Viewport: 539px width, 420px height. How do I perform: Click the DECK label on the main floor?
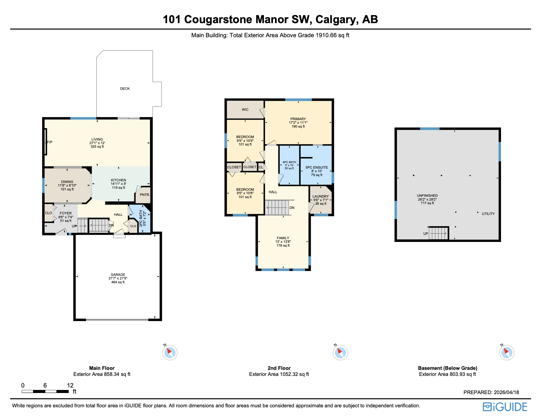click(x=125, y=89)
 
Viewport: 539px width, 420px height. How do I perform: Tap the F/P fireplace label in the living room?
click(x=50, y=142)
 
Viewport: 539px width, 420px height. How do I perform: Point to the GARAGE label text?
click(x=118, y=275)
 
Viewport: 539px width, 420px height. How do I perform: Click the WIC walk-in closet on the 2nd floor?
click(x=245, y=110)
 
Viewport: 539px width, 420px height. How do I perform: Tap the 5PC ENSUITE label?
click(x=317, y=168)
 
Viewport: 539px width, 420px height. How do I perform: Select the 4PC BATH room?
click(x=289, y=165)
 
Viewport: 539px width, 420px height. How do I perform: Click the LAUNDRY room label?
click(x=320, y=196)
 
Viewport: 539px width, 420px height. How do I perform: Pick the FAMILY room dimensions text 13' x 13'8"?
click(x=283, y=242)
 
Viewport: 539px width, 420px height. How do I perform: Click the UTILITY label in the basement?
click(x=488, y=214)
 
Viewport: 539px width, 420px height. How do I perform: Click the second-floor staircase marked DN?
click(x=277, y=208)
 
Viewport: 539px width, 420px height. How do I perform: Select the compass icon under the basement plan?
click(x=507, y=353)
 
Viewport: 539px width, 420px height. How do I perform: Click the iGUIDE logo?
click(x=505, y=407)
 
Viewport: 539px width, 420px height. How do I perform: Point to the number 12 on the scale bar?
click(x=70, y=386)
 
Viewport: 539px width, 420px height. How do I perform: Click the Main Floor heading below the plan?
click(x=102, y=368)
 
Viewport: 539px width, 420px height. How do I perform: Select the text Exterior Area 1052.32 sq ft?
click(x=279, y=374)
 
